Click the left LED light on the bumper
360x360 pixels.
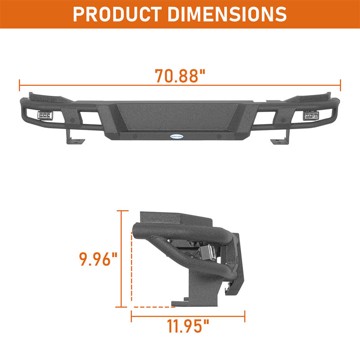coord(44,116)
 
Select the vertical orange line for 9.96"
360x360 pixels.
coord(121,259)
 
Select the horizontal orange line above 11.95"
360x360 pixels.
coord(188,315)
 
